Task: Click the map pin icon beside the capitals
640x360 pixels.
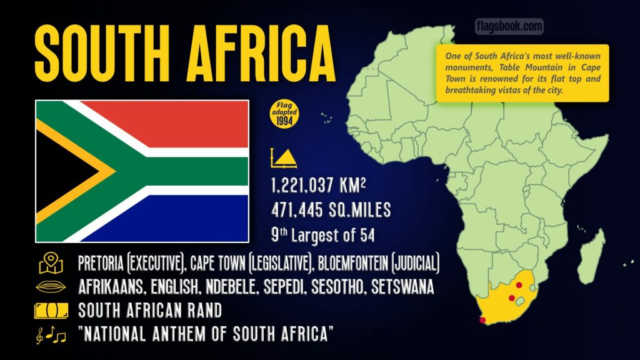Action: (x=51, y=264)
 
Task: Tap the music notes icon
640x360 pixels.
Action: (x=51, y=336)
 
